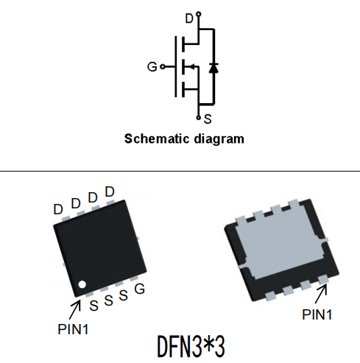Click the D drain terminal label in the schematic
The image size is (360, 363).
point(189,18)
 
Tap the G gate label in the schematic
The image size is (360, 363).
point(152,66)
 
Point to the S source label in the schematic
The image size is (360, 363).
point(208,119)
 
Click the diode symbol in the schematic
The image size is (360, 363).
point(213,68)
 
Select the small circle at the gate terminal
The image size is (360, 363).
point(163,66)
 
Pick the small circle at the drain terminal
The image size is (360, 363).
point(199,14)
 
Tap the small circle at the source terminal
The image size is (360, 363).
point(199,118)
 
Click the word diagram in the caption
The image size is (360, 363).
point(219,139)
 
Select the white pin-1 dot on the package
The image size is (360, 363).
point(82,285)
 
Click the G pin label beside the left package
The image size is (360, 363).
point(140,289)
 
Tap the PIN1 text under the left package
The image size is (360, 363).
point(73,329)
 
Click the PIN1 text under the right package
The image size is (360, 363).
point(317,314)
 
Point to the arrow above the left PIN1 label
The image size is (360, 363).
point(75,309)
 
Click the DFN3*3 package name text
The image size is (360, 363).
point(191,347)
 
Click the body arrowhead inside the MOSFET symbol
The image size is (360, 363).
point(192,66)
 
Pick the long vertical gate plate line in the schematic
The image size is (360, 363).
point(176,66)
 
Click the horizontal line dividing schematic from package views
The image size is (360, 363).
point(180,171)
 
